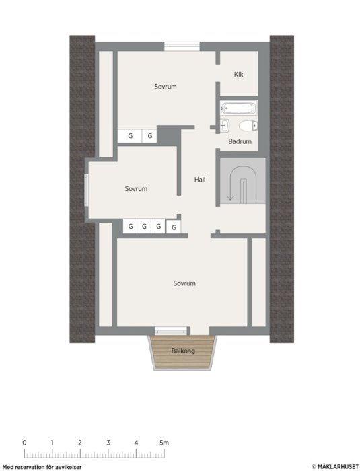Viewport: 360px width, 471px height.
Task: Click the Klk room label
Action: (x=239, y=74)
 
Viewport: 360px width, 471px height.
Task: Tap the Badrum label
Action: (x=240, y=141)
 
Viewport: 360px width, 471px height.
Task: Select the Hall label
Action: (x=200, y=180)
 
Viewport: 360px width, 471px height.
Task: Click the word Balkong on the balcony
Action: (x=183, y=351)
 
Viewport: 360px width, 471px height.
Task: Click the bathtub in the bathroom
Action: (x=239, y=108)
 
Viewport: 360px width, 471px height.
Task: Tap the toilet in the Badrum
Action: (x=248, y=126)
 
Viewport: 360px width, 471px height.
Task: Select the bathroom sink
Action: (x=225, y=125)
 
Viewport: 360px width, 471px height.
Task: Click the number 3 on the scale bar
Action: (x=108, y=443)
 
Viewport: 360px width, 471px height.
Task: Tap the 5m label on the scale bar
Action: (x=164, y=443)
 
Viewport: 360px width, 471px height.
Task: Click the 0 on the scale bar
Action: (x=24, y=443)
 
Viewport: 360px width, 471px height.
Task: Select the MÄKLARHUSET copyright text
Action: (x=334, y=466)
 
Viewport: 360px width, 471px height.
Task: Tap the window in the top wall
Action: (x=182, y=46)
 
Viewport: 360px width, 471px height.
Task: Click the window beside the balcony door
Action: (x=170, y=331)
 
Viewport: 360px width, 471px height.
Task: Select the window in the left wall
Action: (x=87, y=190)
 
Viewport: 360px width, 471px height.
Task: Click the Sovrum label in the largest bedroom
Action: (x=184, y=283)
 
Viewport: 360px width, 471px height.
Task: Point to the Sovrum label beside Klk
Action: (x=166, y=87)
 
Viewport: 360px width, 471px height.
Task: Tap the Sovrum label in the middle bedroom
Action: (x=136, y=188)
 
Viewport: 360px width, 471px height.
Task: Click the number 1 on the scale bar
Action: (x=52, y=443)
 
